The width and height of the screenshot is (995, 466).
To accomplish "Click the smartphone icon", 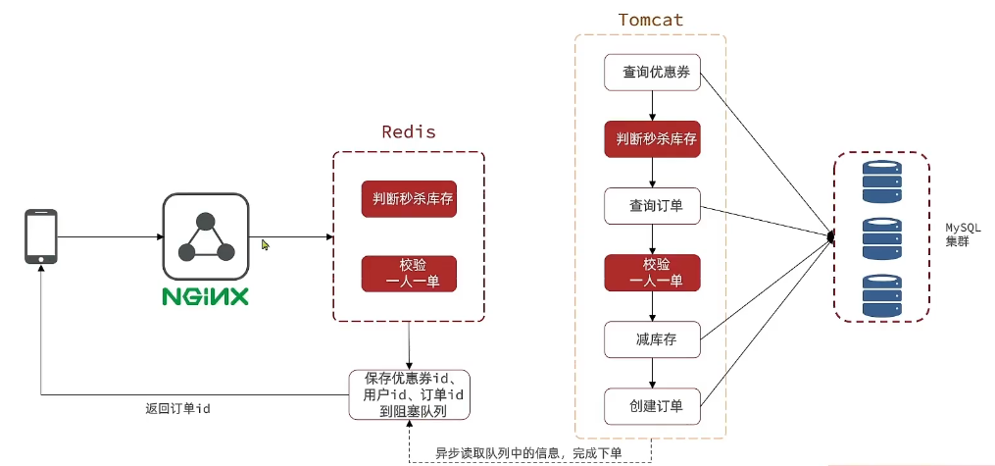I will tap(40, 236).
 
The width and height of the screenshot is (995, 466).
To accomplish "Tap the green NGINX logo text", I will tap(205, 294).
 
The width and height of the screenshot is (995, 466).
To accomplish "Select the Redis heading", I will tap(408, 131).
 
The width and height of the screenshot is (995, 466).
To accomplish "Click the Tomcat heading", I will tap(650, 21).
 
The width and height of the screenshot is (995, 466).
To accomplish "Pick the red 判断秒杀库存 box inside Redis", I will tap(409, 200).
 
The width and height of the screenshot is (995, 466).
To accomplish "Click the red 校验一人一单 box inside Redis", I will tap(409, 273).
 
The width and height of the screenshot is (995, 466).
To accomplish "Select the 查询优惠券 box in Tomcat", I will tap(652, 73).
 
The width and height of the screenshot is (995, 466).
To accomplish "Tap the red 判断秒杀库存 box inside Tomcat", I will tap(652, 139).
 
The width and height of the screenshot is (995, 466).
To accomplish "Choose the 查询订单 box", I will tap(652, 206).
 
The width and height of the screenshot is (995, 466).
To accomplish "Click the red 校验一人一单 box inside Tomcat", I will tap(652, 273).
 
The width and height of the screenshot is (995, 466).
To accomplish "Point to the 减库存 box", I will tap(652, 339).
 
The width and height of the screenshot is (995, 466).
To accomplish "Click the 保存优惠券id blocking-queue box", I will tap(408, 394).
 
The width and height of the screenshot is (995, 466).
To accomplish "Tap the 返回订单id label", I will tap(172, 408).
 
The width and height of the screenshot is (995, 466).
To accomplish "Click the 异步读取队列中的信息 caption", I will tap(529, 452).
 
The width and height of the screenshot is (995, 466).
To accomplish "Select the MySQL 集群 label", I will tap(957, 233).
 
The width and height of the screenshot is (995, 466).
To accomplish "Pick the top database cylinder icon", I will tap(880, 181).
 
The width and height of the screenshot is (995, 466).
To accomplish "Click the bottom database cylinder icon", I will tap(880, 295).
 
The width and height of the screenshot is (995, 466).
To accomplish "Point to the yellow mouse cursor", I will tap(265, 244).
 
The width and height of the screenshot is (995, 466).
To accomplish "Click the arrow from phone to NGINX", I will tap(108, 236).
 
